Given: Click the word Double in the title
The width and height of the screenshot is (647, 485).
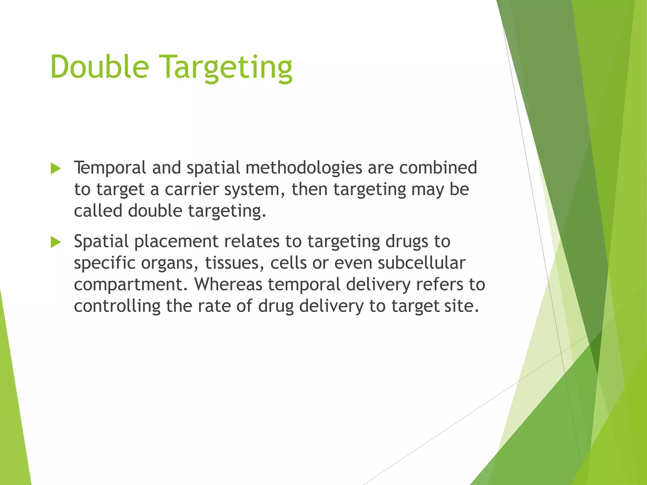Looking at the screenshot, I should [100, 67].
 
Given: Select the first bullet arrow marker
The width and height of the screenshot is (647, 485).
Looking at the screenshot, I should [56, 169].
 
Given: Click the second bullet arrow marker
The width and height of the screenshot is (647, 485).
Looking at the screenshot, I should [56, 242].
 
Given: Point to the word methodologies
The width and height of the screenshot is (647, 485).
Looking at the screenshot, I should [304, 168].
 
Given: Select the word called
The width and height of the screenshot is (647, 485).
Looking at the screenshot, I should [98, 211].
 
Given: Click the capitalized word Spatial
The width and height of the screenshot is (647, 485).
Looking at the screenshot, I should [101, 242].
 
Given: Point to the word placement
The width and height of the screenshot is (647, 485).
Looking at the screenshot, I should [176, 242].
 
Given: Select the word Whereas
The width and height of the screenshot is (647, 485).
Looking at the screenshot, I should [228, 284].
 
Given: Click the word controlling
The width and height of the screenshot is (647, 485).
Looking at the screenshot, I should [117, 306].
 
